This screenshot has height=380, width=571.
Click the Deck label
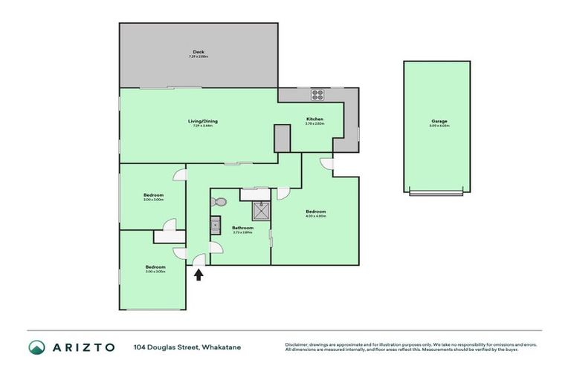pos(199,52)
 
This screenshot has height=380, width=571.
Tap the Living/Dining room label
pos(202,121)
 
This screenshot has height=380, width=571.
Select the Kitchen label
pos(315,119)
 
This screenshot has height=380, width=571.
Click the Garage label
pos(439,121)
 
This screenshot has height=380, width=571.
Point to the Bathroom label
pos(242,228)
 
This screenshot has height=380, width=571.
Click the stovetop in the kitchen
pos(317,95)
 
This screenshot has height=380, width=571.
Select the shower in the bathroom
pos(261,212)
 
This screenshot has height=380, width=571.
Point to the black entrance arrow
pos(199,275)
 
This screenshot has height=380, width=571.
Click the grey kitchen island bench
pos(282,138)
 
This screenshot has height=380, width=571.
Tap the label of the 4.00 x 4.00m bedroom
pos(316,212)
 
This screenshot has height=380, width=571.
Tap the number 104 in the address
pos(141,347)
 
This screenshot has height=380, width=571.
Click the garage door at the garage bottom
pos(438,193)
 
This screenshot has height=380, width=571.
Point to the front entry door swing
pos(198,260)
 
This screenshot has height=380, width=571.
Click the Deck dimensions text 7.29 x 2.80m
pos(199,57)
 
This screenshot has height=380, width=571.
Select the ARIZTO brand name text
pos(83,347)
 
